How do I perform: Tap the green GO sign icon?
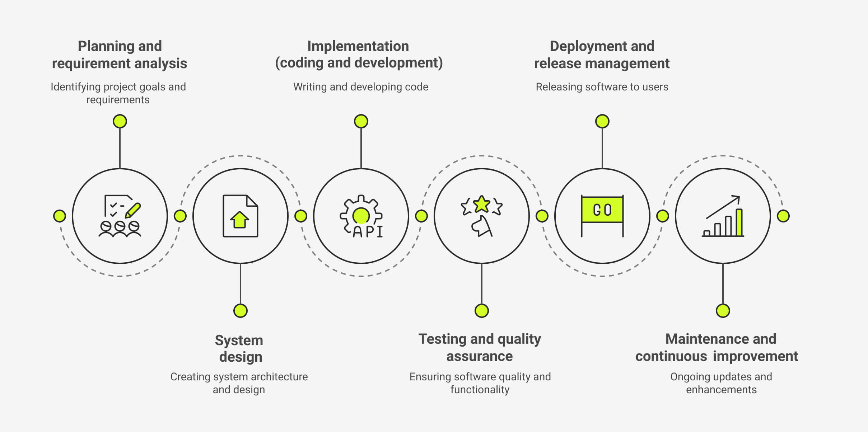coord(602,210)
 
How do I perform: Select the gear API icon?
coord(361,216)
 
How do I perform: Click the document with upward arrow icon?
coord(240,216)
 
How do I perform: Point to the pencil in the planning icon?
coord(133,210)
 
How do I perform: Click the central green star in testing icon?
coord(481,204)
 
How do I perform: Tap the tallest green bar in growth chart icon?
coord(739,222)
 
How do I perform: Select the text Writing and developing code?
coord(360,87)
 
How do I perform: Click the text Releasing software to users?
coord(602,87)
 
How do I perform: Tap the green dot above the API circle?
coord(361,121)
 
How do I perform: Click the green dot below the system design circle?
coord(240,311)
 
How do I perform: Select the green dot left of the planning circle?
coord(60,216)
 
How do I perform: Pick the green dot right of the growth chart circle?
coord(783,216)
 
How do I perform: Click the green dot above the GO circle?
coord(602,121)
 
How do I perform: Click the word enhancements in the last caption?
coord(721,390)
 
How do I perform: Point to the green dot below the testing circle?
coord(481,311)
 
